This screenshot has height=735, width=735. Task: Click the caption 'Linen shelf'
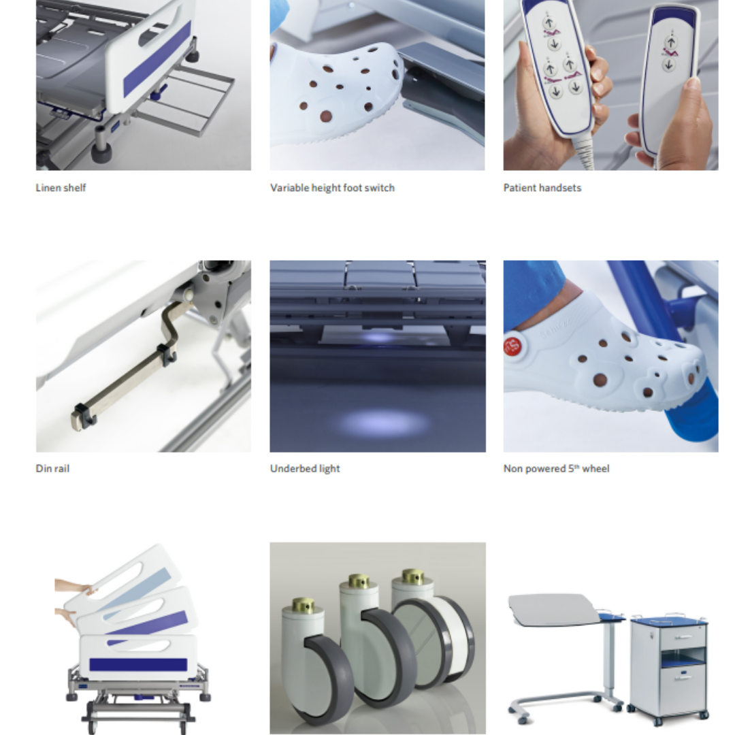[61, 188]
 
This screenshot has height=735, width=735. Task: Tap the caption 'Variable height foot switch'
[332, 188]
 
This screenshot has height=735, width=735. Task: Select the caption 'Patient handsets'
[542, 188]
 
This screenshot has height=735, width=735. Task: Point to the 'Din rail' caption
[52, 468]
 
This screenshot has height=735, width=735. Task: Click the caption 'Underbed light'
[305, 468]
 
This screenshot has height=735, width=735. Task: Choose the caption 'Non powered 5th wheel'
[556, 468]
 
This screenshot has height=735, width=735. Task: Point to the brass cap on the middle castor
[357, 583]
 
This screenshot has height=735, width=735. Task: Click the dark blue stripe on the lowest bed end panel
[138, 665]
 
